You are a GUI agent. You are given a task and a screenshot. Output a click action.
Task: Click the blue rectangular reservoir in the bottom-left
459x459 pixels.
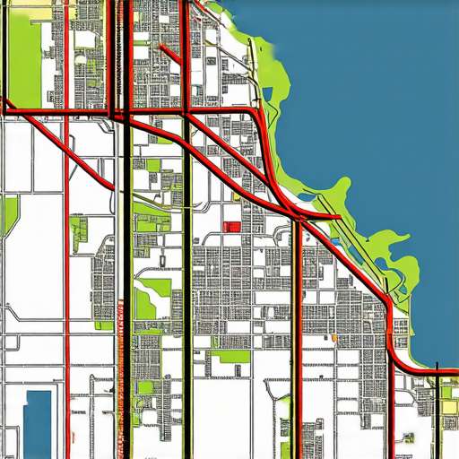tap(39, 421)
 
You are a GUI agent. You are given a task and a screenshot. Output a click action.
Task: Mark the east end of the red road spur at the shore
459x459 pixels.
tap(339, 217)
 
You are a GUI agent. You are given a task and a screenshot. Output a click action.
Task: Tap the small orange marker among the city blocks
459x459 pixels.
tap(333, 339)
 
